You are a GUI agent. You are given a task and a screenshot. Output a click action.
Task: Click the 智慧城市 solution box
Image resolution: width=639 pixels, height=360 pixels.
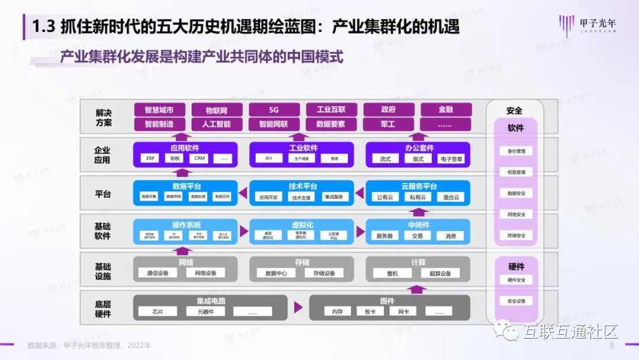click(x=159, y=110)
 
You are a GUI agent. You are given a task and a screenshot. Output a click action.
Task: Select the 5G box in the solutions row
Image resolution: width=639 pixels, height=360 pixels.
click(x=273, y=110)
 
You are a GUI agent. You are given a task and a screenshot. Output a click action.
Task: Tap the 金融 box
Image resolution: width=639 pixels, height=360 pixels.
click(x=446, y=110)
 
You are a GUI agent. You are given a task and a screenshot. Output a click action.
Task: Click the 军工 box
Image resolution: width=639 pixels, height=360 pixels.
click(x=389, y=124)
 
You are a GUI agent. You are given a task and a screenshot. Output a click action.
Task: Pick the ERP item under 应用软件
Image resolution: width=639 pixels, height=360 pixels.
click(x=150, y=159)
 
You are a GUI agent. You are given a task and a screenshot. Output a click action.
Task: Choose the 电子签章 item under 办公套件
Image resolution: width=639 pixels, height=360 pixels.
click(x=451, y=159)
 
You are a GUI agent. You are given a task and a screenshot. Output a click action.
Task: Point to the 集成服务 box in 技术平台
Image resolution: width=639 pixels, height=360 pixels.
click(x=334, y=197)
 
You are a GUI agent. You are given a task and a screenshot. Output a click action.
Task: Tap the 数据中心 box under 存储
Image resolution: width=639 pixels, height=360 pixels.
click(x=276, y=274)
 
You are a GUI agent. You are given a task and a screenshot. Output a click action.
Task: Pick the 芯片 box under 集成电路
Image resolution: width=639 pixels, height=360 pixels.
click(x=157, y=311)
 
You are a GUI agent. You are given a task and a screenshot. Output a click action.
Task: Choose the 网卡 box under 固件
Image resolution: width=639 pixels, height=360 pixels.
click(x=404, y=311)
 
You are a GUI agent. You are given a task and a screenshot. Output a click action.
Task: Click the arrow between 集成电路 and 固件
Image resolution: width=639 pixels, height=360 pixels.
click(x=298, y=307)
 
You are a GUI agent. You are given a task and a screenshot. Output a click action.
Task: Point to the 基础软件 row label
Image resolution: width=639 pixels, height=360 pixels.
click(x=103, y=232)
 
